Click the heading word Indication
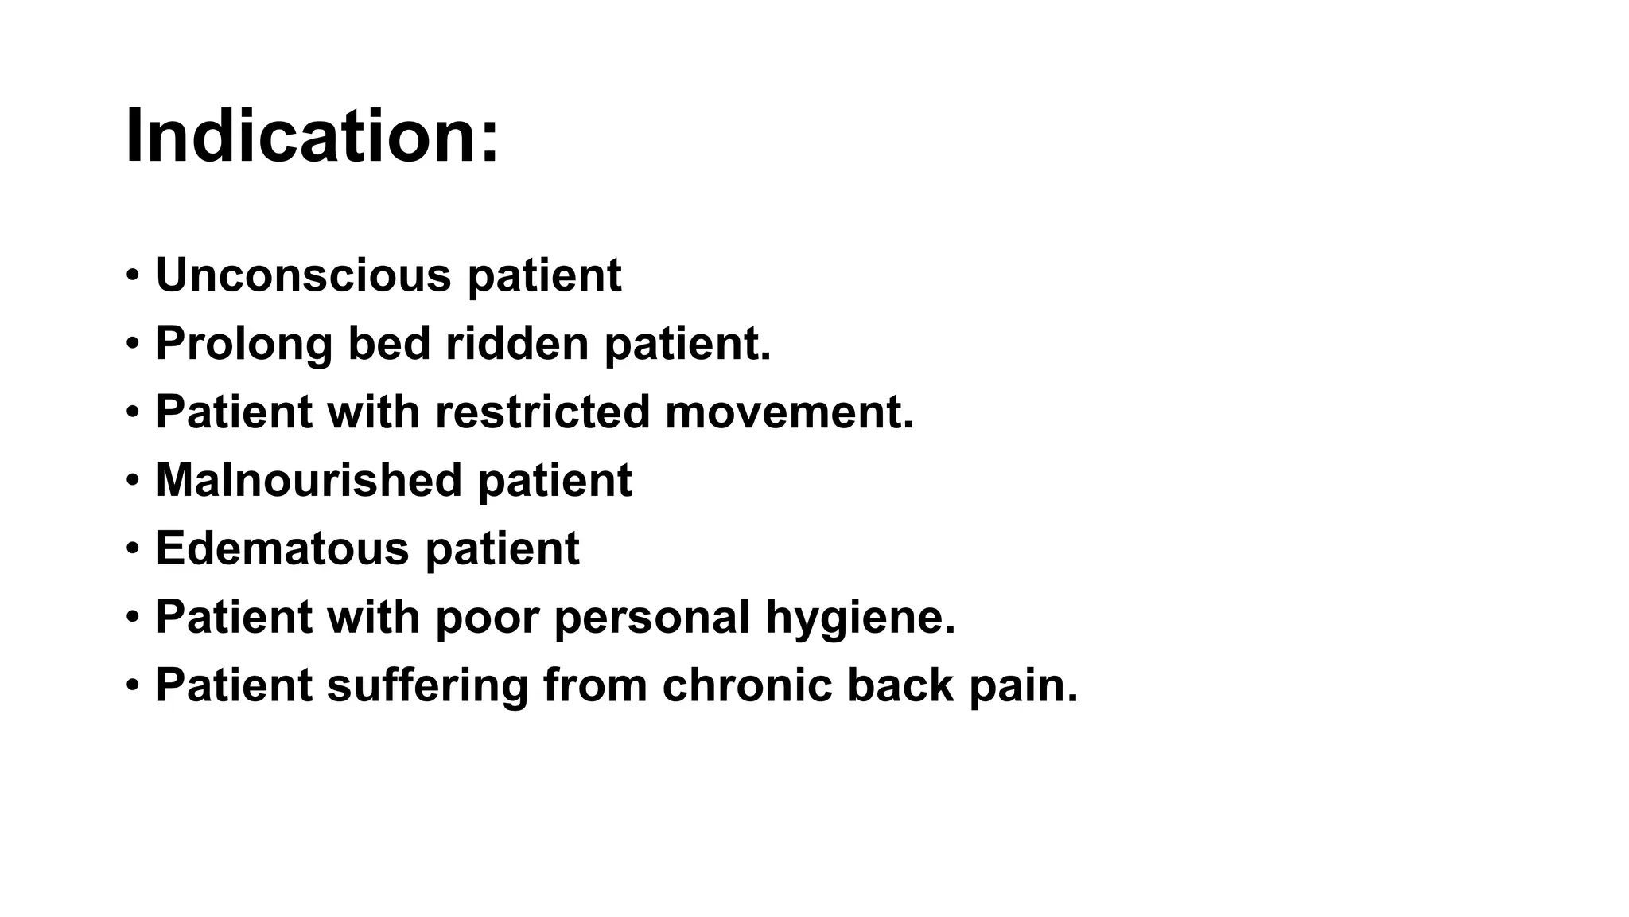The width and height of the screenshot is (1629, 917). [312, 137]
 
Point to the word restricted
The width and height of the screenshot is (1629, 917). [542, 412]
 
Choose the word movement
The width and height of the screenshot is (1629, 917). [788, 412]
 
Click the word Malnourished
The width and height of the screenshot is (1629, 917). [309, 481]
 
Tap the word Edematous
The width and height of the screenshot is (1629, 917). [282, 549]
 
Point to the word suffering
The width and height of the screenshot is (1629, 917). [427, 685]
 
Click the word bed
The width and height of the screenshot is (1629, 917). [389, 344]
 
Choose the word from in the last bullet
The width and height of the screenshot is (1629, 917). [595, 685]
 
